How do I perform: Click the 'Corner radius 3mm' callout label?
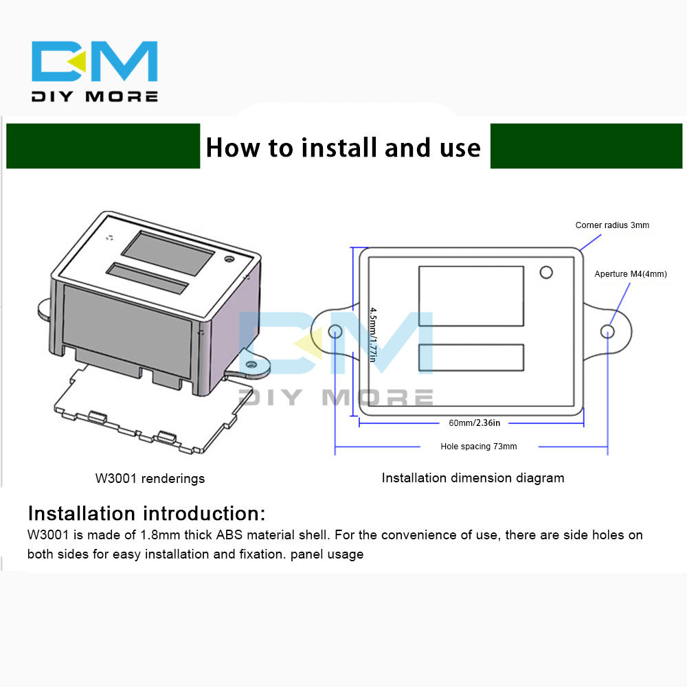tap(612, 225)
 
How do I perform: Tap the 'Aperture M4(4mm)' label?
tap(631, 274)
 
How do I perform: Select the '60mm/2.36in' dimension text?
tap(474, 423)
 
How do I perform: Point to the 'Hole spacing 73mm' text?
tap(478, 447)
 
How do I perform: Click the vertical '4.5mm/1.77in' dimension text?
tap(373, 335)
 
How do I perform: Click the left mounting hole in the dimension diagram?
tap(335, 331)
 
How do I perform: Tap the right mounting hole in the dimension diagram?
tap(607, 331)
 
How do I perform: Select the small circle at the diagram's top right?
tap(546, 273)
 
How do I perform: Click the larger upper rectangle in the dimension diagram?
tap(471, 296)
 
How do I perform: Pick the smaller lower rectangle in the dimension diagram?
tap(471, 357)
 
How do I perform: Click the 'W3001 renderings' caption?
tap(150, 478)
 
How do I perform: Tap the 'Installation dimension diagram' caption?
tap(473, 478)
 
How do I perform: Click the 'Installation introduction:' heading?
tap(146, 513)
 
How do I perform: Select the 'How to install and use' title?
tap(343, 148)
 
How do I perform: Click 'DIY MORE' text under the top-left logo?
tap(95, 96)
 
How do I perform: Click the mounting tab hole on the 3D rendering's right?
tap(251, 365)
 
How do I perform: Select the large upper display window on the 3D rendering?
tap(168, 254)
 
